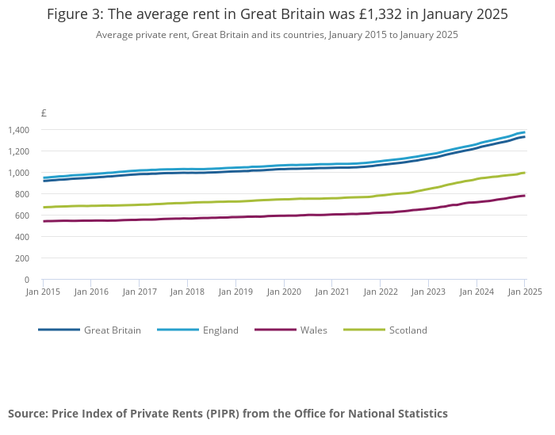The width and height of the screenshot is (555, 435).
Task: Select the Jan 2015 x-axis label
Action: (x=43, y=292)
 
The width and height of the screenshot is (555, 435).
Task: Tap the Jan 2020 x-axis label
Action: (x=284, y=292)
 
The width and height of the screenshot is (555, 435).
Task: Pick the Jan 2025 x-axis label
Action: (x=524, y=292)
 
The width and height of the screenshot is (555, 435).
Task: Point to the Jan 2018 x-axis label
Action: (x=187, y=292)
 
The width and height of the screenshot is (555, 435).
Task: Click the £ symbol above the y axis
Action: (x=44, y=113)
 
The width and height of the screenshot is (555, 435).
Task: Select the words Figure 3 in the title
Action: (x=78, y=15)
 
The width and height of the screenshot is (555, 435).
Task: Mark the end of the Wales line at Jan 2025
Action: (x=524, y=196)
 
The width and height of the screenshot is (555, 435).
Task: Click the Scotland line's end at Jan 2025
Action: (x=524, y=173)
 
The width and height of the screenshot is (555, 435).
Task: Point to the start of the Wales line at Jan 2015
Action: (x=44, y=221)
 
